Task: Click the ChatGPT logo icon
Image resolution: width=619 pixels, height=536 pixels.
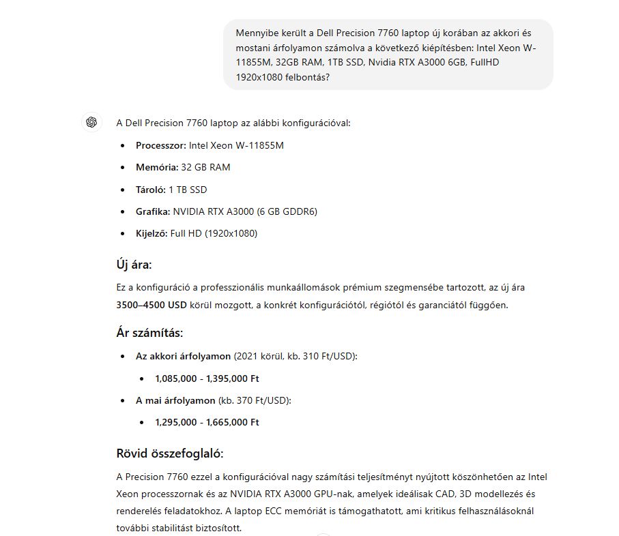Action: [91, 122]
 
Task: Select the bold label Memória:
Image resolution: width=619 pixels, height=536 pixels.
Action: [157, 167]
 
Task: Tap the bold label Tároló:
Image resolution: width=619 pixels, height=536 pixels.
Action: [151, 189]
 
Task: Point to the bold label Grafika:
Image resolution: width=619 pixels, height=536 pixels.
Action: [153, 211]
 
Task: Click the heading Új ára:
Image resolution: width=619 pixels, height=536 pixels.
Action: [134, 265]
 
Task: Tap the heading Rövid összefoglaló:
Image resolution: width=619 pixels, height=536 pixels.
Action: [170, 453]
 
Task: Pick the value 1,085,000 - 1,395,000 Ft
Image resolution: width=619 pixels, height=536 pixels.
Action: [207, 378]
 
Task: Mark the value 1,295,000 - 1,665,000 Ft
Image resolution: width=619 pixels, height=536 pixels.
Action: [207, 422]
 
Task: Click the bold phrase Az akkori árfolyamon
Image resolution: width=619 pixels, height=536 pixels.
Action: [183, 356]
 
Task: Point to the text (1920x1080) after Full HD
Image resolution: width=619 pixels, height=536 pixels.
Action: [233, 233]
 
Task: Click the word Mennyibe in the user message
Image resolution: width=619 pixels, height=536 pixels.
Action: [257, 33]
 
